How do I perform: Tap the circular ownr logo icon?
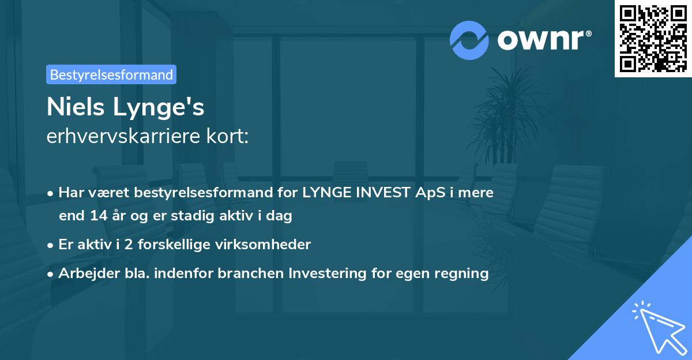pyautogui.click(x=469, y=40)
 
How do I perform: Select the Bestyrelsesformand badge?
pyautogui.click(x=111, y=74)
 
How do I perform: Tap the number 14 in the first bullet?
pyautogui.click(x=95, y=216)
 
